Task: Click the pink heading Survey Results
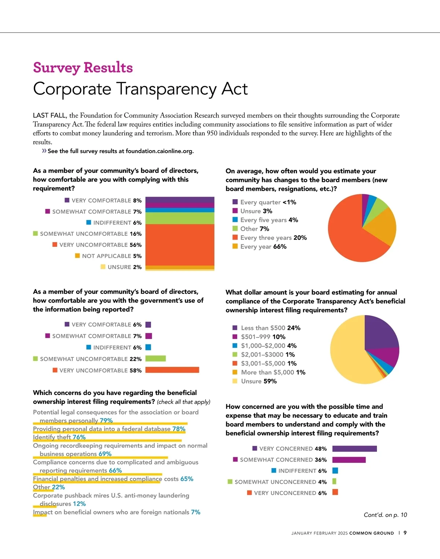[x=83, y=68]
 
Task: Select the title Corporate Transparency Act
[x=140, y=89]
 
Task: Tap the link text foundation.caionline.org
[x=159, y=151]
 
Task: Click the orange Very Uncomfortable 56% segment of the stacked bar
[x=180, y=245]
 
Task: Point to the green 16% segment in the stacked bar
[x=180, y=218]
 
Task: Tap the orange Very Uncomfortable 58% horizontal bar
[x=172, y=370]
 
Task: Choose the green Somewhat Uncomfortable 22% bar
[x=155, y=359]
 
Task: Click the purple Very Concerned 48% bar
[x=354, y=449]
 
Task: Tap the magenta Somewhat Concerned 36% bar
[x=349, y=460]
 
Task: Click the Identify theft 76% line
[x=59, y=437]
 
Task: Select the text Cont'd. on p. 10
[x=385, y=515]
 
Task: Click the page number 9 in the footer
[x=405, y=533]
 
